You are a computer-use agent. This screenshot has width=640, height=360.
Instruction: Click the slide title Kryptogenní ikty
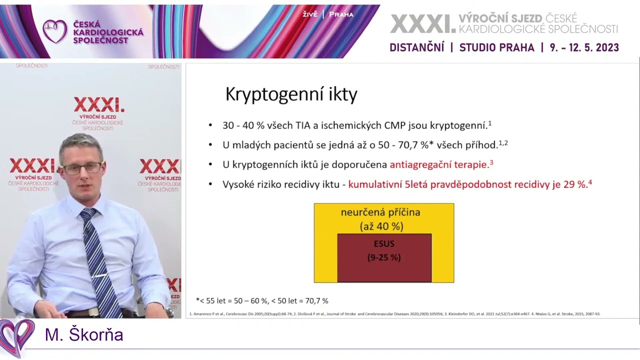pyautogui.click(x=291, y=94)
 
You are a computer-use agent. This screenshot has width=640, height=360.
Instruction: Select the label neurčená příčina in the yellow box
pyautogui.click(x=380, y=212)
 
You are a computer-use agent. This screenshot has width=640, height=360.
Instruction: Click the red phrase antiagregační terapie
pyautogui.click(x=438, y=164)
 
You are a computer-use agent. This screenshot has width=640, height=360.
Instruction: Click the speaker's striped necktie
pyautogui.click(x=98, y=260)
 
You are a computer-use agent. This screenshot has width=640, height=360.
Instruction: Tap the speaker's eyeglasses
pyautogui.click(x=82, y=168)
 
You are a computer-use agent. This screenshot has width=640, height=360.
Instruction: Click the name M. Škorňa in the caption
pyautogui.click(x=84, y=335)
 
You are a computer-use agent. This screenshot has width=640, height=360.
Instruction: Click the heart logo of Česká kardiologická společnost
pyautogui.click(x=54, y=31)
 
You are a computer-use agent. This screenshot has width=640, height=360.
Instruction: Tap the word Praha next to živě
pyautogui.click(x=341, y=14)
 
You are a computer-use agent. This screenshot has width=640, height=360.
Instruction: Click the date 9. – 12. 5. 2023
pyautogui.click(x=584, y=47)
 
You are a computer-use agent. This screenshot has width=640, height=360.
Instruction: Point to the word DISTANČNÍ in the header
pyautogui.click(x=416, y=47)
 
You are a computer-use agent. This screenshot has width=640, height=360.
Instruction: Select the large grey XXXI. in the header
pyautogui.click(x=422, y=23)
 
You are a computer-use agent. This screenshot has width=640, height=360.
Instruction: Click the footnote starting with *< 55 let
pyautogui.click(x=262, y=301)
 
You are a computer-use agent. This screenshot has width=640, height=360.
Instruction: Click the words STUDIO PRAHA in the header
pyautogui.click(x=496, y=47)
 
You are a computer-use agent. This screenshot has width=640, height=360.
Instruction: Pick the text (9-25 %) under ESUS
pyautogui.click(x=384, y=258)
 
